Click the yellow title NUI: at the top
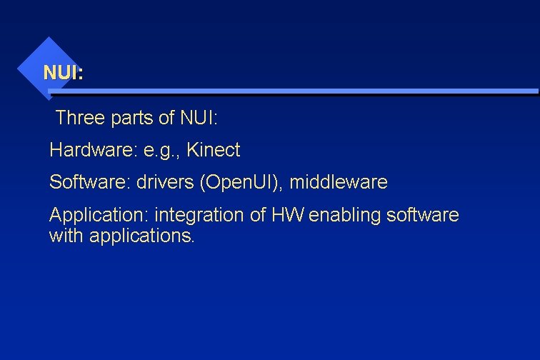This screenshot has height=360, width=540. point(63,73)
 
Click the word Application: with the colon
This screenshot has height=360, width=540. point(99,215)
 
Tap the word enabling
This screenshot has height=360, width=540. point(343,215)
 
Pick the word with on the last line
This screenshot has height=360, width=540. point(66,235)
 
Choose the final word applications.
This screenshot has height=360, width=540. point(141,236)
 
